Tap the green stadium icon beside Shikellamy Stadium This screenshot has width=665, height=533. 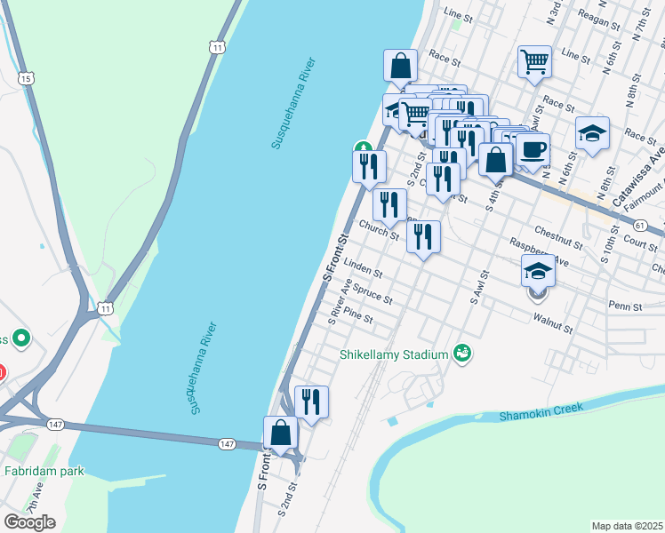point(461,354)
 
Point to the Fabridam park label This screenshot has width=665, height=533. point(44,471)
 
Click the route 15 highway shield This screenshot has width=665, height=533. point(27,79)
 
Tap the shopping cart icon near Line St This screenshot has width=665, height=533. point(534,62)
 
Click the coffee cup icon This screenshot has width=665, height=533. point(533,149)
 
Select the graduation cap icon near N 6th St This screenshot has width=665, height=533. point(592,133)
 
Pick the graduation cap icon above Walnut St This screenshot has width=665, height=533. point(538,270)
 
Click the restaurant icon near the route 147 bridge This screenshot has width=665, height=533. point(311,402)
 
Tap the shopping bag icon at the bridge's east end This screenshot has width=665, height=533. point(281,434)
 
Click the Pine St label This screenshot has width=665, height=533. point(357,316)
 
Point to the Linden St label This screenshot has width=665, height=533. point(363,266)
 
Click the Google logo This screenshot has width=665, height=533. point(29,521)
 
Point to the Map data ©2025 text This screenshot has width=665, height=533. point(627,526)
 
